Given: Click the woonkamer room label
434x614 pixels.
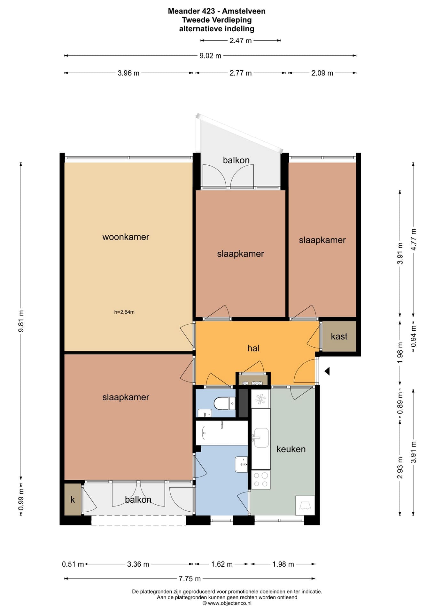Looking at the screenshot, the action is (x=126, y=237).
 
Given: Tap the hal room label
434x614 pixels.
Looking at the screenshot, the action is (x=253, y=348).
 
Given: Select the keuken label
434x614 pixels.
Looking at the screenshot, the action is (x=291, y=449).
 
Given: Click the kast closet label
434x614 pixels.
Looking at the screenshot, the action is (x=339, y=336).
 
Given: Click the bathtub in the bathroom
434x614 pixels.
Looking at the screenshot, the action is (x=222, y=433).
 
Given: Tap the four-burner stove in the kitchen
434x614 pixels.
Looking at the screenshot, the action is (x=260, y=480).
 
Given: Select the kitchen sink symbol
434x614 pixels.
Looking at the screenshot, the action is (x=261, y=438).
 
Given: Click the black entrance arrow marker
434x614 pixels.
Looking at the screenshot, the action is (x=327, y=371).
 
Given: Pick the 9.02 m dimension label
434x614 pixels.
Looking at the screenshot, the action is (x=210, y=56).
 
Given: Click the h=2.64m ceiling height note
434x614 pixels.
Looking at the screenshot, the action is (x=124, y=312).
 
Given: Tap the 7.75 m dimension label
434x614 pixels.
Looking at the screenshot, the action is (x=190, y=579).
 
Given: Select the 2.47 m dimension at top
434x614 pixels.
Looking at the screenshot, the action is (x=241, y=41).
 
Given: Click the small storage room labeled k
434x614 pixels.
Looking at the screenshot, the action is (x=73, y=500).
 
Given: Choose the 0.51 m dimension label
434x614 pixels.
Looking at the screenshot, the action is (x=73, y=564).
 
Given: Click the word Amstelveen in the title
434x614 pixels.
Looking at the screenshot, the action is (x=244, y=11).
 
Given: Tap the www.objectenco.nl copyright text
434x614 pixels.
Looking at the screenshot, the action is (x=227, y=603).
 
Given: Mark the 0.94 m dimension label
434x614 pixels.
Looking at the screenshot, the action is (x=414, y=336).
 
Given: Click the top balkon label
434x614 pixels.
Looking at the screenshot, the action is (x=236, y=160).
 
